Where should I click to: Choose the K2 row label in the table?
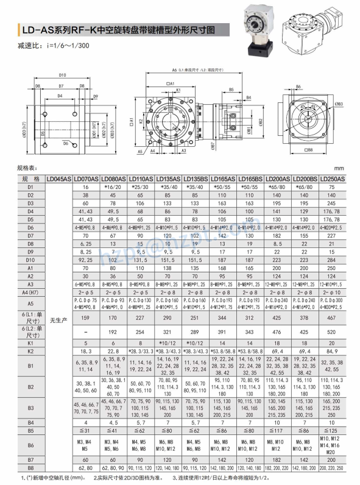coord(30,352)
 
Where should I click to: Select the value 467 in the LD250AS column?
coord(333,317)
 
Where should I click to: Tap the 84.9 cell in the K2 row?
coord(333,352)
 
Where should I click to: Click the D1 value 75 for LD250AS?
coord(333,187)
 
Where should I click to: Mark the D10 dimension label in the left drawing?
coord(63,76)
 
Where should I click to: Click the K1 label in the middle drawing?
coord(179,91)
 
